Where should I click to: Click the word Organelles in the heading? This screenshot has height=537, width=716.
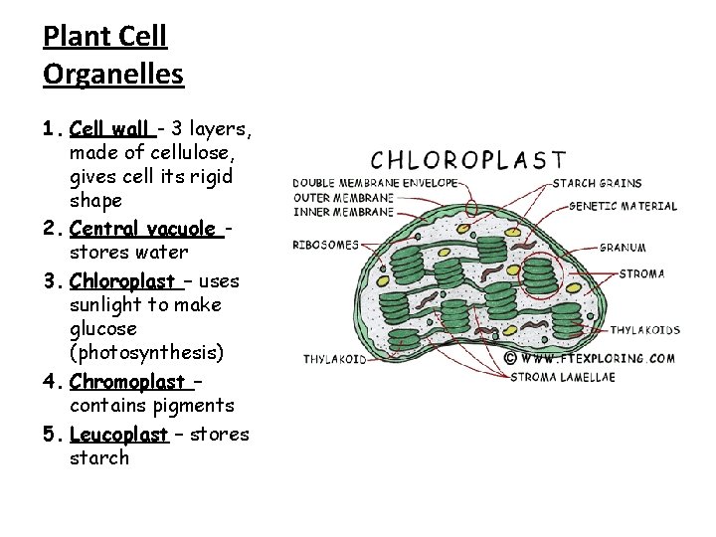point(113,74)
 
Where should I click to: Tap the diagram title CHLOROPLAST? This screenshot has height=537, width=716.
point(467,159)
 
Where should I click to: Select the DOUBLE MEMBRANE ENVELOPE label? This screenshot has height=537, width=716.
point(375,183)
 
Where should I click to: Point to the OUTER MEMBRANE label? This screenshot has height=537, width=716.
point(343,197)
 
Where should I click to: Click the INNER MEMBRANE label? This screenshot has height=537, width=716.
point(343,211)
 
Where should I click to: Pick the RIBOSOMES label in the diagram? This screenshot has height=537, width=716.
point(325,244)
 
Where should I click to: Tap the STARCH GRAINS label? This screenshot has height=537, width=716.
point(597,183)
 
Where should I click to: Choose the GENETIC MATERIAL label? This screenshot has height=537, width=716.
point(624,207)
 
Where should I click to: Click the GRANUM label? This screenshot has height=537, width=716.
point(624,248)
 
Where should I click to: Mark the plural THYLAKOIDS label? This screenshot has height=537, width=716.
point(645,329)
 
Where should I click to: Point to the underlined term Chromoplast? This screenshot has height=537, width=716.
point(127,382)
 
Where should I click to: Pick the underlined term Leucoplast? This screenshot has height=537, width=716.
point(119,434)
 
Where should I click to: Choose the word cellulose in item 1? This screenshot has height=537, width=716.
point(193,152)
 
